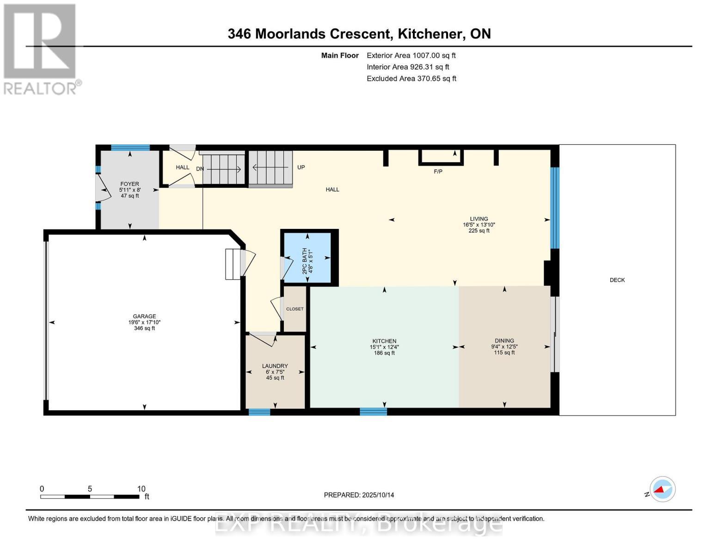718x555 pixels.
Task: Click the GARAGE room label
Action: click(144, 317)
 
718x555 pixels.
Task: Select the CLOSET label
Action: click(295, 309)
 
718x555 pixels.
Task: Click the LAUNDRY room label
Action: click(275, 366)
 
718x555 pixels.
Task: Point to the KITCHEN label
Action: click(384, 341)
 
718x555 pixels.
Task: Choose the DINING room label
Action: click(504, 341)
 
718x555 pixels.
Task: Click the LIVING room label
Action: click(479, 219)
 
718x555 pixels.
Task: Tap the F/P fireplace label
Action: click(438, 172)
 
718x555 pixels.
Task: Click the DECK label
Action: click(617, 280)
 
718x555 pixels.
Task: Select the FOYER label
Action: click(129, 184)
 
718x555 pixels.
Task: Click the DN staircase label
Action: click(200, 169)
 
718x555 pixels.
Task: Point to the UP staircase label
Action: click(301, 167)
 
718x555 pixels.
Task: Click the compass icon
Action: click(662, 489)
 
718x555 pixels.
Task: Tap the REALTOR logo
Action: click(41, 49)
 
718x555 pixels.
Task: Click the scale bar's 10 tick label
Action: click(141, 489)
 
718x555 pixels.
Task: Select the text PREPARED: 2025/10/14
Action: click(359, 495)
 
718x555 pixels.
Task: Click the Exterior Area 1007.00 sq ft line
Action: click(411, 55)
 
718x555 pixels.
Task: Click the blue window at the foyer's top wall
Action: click(130, 148)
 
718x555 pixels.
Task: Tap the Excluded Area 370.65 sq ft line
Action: click(411, 79)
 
